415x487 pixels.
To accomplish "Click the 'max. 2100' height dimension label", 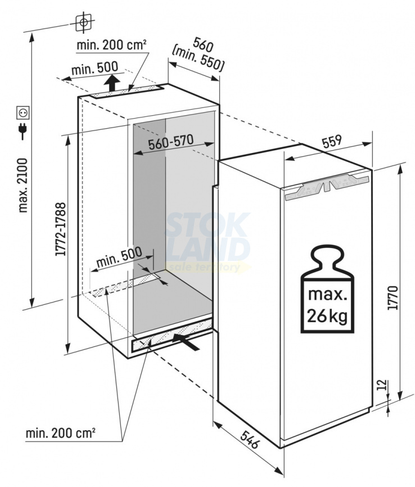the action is tap(24, 186).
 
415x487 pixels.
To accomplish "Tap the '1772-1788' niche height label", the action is tap(61, 229).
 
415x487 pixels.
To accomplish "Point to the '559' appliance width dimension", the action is tap(332, 141).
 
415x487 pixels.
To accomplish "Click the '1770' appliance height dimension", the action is tap(393, 298).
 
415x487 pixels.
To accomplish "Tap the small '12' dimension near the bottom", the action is tap(384, 385).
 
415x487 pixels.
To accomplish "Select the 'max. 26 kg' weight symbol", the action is tap(327, 290).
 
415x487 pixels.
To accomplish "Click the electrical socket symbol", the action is tap(24, 112).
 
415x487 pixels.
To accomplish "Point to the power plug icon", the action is tap(23, 131).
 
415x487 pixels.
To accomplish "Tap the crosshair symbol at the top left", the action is tap(83, 22).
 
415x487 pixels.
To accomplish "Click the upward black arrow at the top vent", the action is tap(111, 83).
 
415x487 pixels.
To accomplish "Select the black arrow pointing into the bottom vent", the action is tap(186, 342).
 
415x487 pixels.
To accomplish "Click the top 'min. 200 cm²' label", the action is tap(111, 45).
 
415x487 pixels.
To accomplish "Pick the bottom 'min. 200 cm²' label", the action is tap(60, 432).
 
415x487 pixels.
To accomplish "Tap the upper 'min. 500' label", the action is tap(94, 69).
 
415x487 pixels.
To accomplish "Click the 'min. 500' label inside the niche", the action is tap(119, 257).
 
